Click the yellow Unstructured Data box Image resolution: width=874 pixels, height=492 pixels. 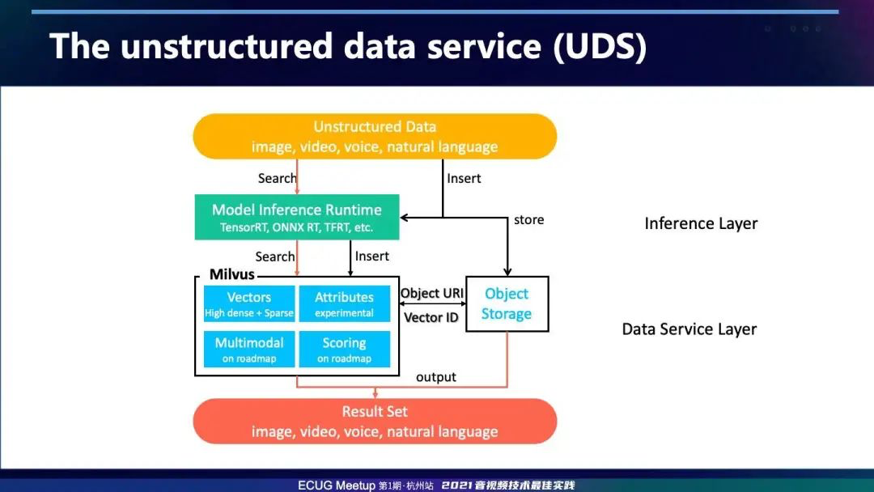(x=375, y=137)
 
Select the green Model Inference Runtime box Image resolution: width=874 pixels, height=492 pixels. (x=297, y=218)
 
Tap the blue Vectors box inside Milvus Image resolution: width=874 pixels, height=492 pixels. (x=249, y=303)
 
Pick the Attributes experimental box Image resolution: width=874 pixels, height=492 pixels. (x=345, y=303)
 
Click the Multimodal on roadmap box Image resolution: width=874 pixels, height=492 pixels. (x=249, y=350)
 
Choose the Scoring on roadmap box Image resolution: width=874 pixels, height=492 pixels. (x=345, y=350)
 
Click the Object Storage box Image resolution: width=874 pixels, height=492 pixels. (x=507, y=304)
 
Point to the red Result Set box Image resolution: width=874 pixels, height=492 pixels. (x=375, y=422)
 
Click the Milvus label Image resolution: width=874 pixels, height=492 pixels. (x=232, y=274)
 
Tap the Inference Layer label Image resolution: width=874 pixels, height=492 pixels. (x=701, y=223)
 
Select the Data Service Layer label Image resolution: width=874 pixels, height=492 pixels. (x=689, y=329)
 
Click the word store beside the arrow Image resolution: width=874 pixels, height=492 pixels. (x=529, y=220)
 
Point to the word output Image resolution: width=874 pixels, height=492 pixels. (x=436, y=377)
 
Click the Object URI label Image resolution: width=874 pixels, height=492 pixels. (x=432, y=293)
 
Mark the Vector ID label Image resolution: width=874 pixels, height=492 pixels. (x=431, y=317)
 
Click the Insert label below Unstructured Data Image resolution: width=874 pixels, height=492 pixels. (x=464, y=178)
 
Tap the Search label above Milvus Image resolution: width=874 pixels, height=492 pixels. (x=275, y=257)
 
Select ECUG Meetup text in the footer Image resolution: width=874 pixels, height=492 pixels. (x=337, y=486)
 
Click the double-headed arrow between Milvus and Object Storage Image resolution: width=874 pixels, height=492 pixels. (x=432, y=303)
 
